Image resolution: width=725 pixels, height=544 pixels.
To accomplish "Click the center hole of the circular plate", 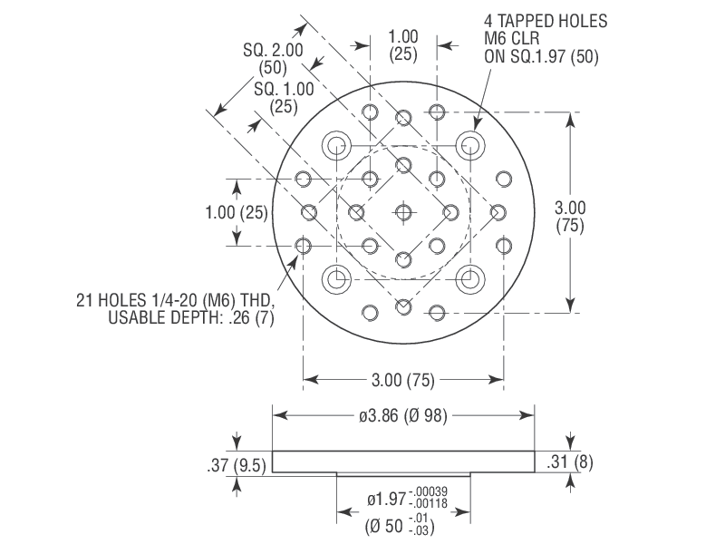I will tap(403, 212).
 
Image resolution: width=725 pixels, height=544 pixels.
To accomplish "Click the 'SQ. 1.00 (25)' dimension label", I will tap(285, 97).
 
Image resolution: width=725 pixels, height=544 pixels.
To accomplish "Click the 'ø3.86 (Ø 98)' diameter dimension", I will tap(403, 415).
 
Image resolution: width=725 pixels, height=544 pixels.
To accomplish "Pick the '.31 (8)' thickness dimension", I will tap(570, 462).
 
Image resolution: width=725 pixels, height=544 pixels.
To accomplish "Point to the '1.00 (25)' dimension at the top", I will tap(403, 45).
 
